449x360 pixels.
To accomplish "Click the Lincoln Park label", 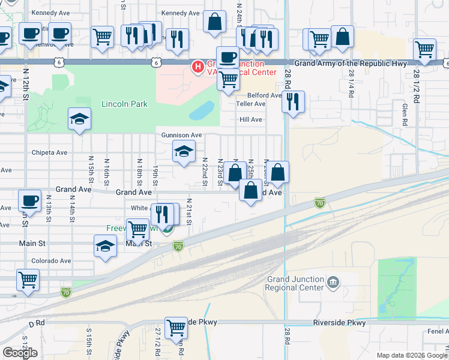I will coord(124,104).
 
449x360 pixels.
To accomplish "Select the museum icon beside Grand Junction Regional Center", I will coord(334,280).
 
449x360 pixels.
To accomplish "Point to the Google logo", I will coord(20,353).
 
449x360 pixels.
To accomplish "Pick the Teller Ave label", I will coord(252,104).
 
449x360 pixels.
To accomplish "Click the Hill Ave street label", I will coord(251,119).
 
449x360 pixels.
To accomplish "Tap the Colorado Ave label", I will coord(51,261).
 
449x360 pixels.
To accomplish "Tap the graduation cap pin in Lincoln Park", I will coord(79,119).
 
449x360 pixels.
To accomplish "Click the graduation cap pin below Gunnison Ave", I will coord(184,152).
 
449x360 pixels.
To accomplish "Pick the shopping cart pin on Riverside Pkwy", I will coord(176,328).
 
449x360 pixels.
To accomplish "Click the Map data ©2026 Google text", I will coord(412,355).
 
